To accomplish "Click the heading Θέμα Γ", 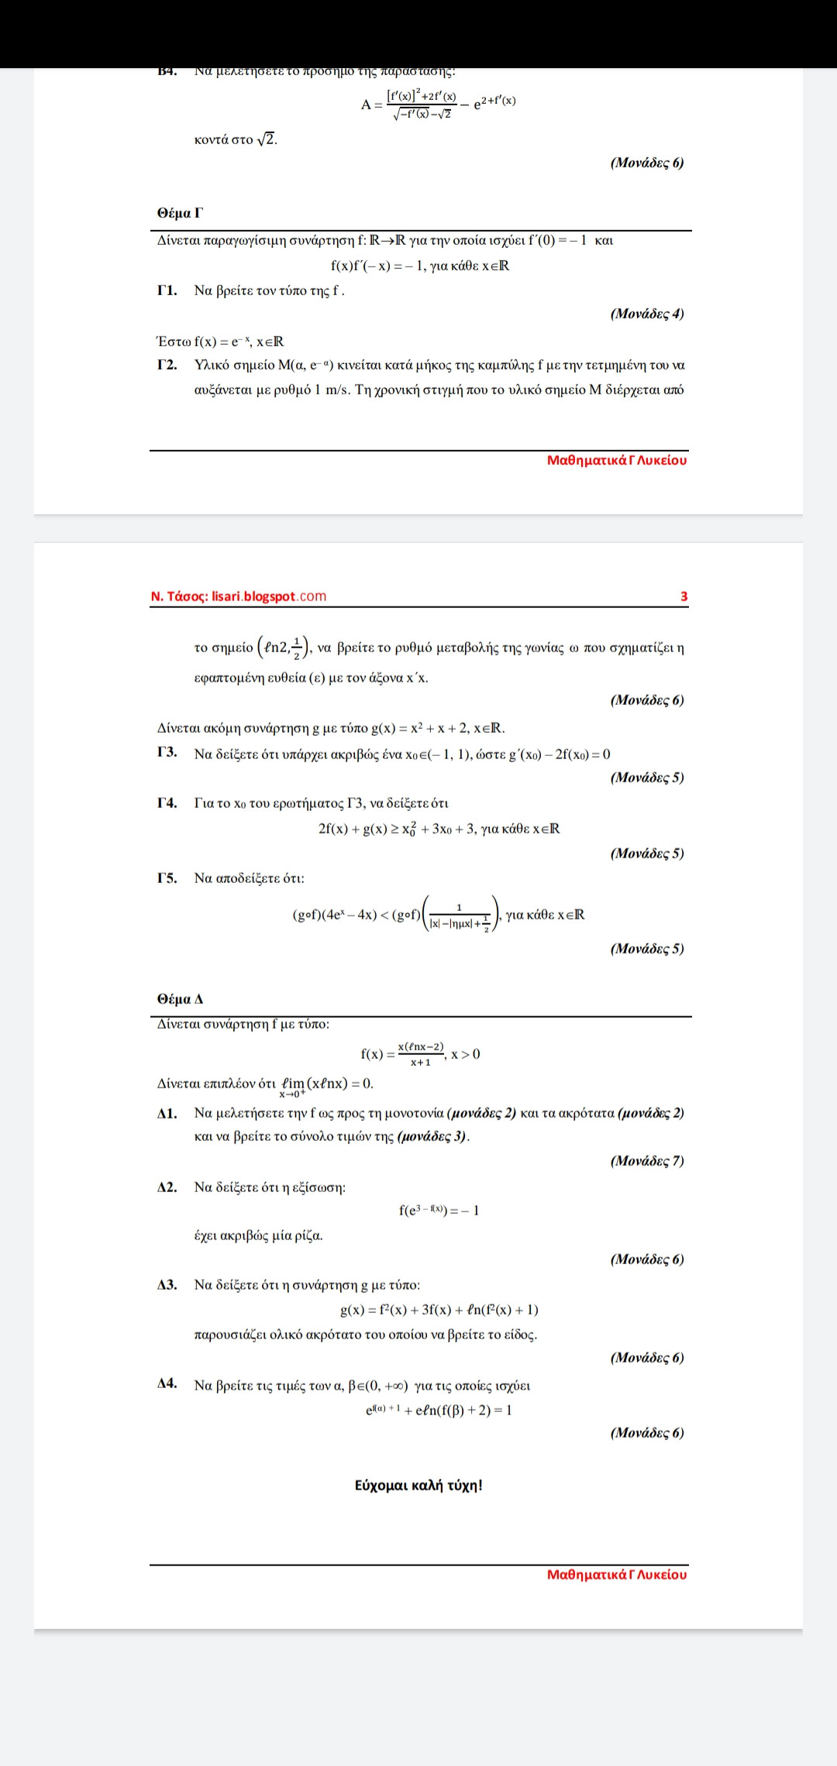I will click(x=180, y=213).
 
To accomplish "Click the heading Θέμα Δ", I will click(x=180, y=999).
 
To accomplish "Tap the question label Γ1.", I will click(x=167, y=290).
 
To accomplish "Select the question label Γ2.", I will click(x=167, y=365).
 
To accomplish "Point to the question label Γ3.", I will click(x=167, y=752).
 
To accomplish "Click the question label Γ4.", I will click(x=167, y=802).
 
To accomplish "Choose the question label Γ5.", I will click(x=167, y=878).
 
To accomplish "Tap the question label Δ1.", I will click(x=167, y=1113).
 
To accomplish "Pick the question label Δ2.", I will click(x=167, y=1187).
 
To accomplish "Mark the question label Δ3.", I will click(x=167, y=1284).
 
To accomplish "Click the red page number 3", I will click(x=684, y=596).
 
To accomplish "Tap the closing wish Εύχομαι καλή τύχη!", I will click(x=418, y=1486).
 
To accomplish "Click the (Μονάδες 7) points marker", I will click(x=647, y=1160).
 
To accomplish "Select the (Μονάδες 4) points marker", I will click(x=647, y=314).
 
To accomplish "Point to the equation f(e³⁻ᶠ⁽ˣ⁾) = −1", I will click(x=439, y=1211).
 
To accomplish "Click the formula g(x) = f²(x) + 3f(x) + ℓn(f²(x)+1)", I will click(x=439, y=1310).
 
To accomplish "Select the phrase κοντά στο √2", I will click(x=236, y=139).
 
